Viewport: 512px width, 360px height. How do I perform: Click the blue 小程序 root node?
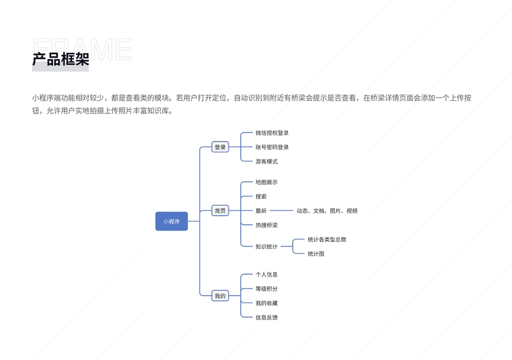point(171,221)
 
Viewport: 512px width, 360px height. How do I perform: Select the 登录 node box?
point(220,147)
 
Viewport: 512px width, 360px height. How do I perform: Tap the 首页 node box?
point(220,211)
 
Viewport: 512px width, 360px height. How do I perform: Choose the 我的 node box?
point(220,296)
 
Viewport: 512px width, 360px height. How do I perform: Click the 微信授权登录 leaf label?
point(272,133)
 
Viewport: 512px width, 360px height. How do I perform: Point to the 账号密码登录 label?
point(272,147)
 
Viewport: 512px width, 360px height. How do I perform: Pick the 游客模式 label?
point(267,161)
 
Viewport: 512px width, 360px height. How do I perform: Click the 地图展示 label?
point(267,182)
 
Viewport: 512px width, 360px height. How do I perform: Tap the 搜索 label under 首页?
point(261,196)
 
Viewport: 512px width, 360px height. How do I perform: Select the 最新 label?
point(261,211)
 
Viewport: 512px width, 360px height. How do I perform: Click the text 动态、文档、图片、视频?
point(327,211)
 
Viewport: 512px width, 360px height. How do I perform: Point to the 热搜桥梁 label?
point(267,225)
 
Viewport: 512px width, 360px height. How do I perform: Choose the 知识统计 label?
point(267,247)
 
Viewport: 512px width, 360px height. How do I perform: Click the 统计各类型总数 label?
point(327,239)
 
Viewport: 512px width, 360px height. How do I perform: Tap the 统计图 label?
point(316,254)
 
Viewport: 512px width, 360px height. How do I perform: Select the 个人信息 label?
point(267,274)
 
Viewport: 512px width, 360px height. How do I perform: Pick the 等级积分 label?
point(267,289)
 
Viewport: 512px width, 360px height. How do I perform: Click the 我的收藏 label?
point(267,303)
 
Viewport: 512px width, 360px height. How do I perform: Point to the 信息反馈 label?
point(267,317)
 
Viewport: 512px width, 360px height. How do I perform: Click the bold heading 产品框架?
point(61,59)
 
